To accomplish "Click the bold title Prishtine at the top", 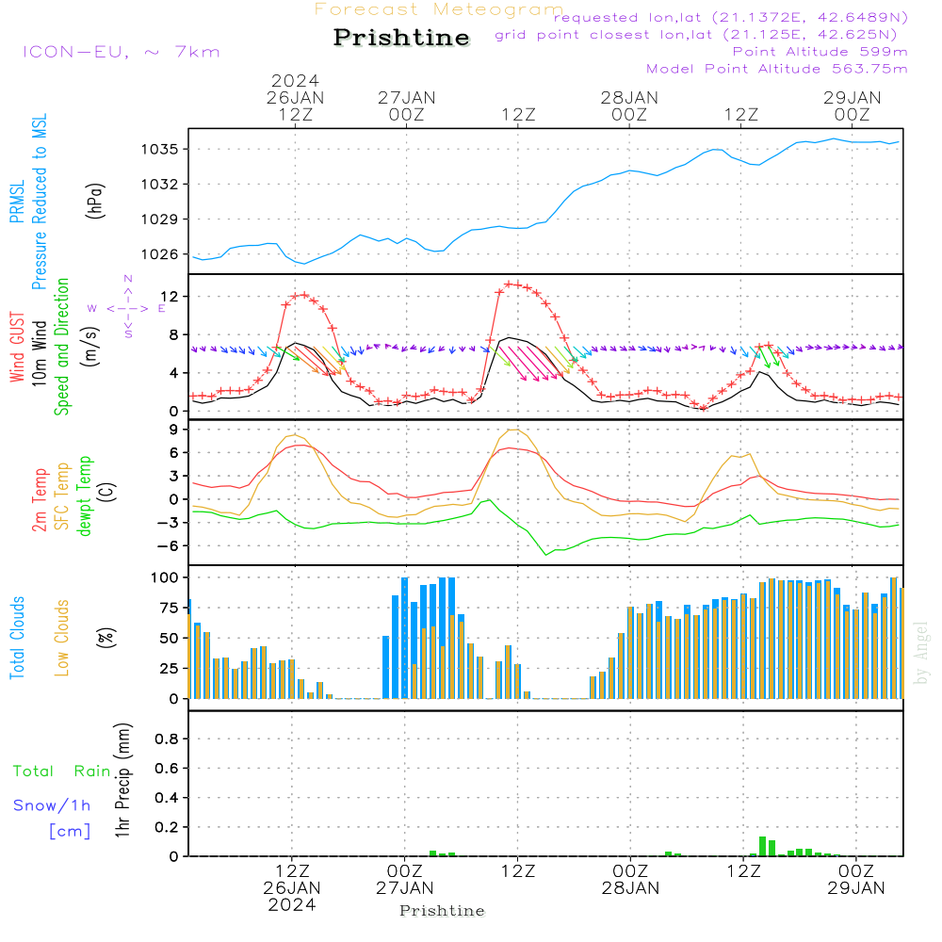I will (401, 38).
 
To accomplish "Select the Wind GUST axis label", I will (17, 349).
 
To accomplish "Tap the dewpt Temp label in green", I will (85, 496).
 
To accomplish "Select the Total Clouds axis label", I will (17, 638).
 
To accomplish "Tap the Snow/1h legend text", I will (52, 805).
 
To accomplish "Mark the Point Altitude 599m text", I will (820, 51).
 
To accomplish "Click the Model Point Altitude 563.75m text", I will (776, 68).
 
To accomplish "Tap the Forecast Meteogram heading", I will (438, 9).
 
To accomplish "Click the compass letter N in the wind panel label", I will (127, 278).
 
